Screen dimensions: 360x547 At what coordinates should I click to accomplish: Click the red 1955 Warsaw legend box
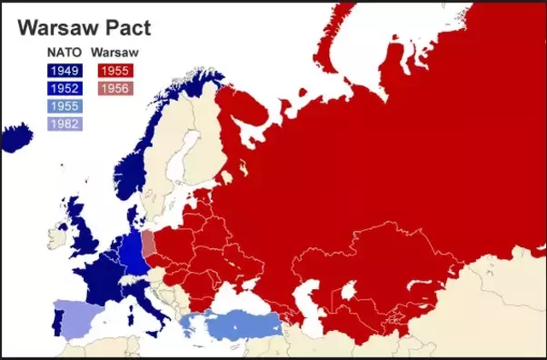point(114,71)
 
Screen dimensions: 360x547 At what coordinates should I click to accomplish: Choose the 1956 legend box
point(114,89)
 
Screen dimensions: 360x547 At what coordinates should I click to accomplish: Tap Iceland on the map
point(16,138)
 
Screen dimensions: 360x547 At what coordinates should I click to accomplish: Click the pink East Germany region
point(148,244)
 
